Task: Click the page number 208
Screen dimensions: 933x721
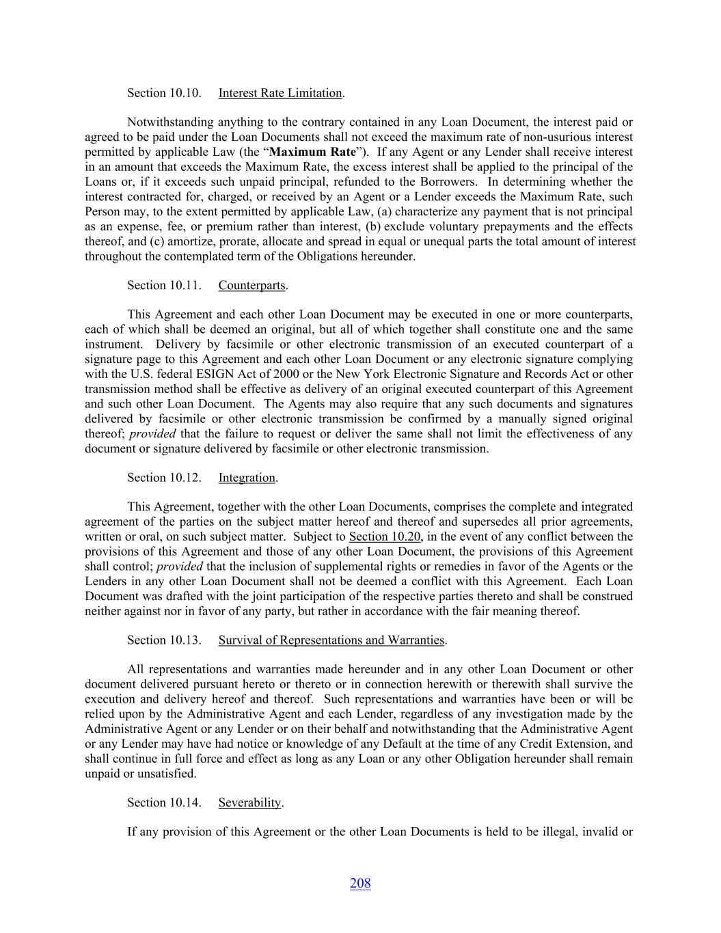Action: pos(360,883)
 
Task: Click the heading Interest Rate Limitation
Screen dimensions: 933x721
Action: pos(280,93)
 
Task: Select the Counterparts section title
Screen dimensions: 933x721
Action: pos(251,285)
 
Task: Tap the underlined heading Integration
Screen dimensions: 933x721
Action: pos(247,478)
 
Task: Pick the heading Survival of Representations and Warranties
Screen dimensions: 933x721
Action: pos(331,640)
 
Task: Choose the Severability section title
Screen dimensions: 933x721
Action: pos(249,802)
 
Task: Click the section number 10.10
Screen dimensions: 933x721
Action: pos(185,93)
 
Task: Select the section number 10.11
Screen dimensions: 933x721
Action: pos(185,285)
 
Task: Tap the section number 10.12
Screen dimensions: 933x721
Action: pos(185,478)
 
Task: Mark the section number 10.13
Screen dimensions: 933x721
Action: pos(185,640)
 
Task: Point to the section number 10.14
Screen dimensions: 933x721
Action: pos(185,802)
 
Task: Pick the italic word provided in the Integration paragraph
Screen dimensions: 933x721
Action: pos(180,567)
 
